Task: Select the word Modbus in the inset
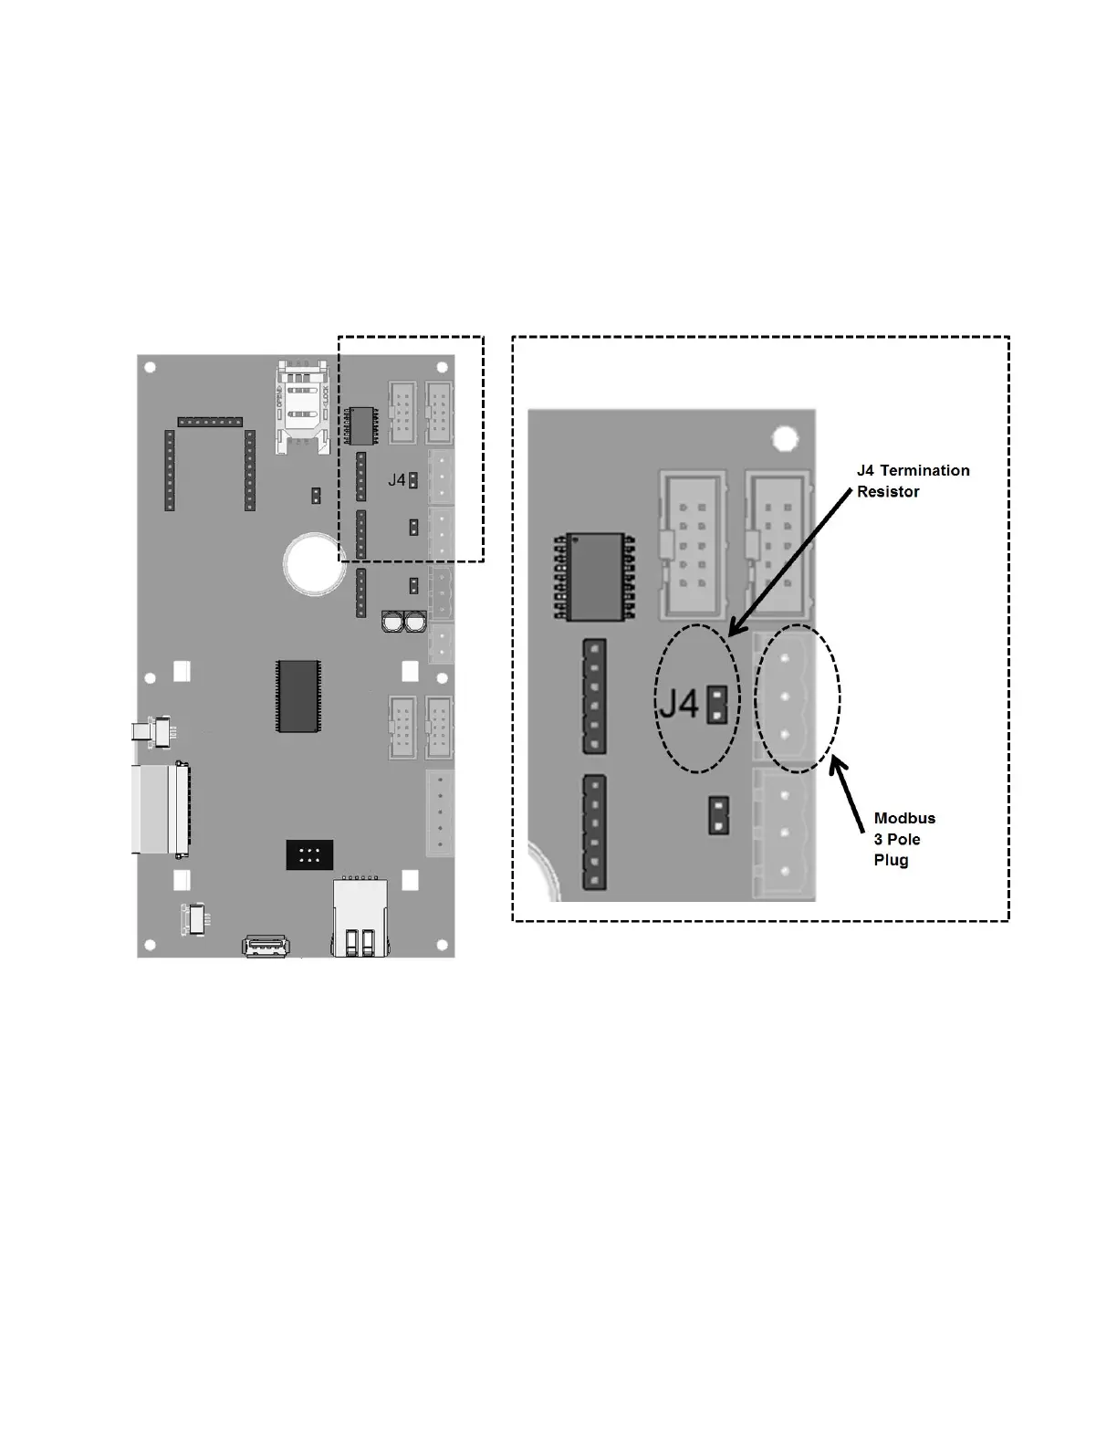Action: (x=904, y=819)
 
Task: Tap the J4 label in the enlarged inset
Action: (x=680, y=703)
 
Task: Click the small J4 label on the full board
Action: (x=396, y=480)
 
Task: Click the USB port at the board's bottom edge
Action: (x=266, y=946)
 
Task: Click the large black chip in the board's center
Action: (x=298, y=696)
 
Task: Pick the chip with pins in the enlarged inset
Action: (x=594, y=578)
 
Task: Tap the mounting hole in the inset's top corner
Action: (x=785, y=438)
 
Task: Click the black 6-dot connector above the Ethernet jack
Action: (x=309, y=854)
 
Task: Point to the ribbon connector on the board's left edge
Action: (x=161, y=809)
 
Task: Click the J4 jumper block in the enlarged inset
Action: (x=718, y=705)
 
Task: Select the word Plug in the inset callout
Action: (x=891, y=861)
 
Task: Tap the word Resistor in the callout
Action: (x=888, y=492)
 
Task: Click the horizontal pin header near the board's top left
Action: (x=210, y=422)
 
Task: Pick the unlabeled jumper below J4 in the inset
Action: (x=719, y=816)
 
